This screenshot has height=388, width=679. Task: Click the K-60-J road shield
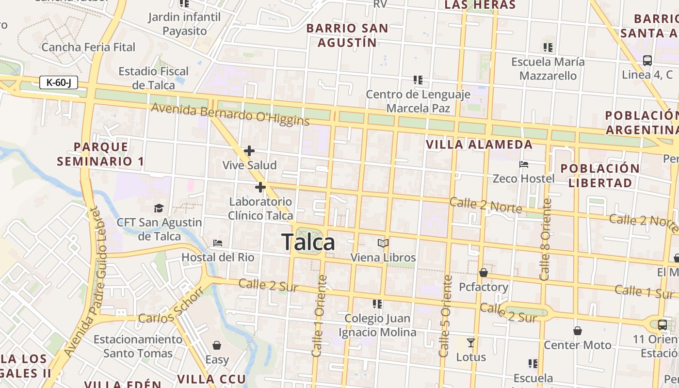tap(59, 82)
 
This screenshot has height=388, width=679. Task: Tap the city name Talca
tap(308, 242)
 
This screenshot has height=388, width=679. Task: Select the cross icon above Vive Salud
tap(249, 151)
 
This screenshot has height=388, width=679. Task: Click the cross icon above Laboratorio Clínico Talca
tap(260, 187)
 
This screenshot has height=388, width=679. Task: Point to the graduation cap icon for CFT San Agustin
tap(159, 209)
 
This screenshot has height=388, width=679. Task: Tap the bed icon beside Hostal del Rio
tap(218, 242)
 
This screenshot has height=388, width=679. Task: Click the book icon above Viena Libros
tap(383, 243)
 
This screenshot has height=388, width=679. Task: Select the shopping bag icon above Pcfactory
tap(484, 273)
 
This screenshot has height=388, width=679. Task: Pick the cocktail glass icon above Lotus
tap(470, 343)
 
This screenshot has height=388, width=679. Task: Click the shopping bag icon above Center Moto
tap(577, 331)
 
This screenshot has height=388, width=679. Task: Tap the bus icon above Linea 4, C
tap(647, 61)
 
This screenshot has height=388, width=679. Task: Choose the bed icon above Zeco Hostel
tap(524, 164)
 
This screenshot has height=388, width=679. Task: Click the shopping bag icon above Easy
tap(217, 345)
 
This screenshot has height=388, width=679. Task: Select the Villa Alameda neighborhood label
tap(479, 145)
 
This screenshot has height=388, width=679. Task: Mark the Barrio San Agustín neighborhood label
tap(347, 35)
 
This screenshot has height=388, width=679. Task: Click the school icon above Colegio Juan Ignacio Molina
tap(377, 304)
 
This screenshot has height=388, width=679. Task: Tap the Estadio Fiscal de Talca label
tap(154, 78)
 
